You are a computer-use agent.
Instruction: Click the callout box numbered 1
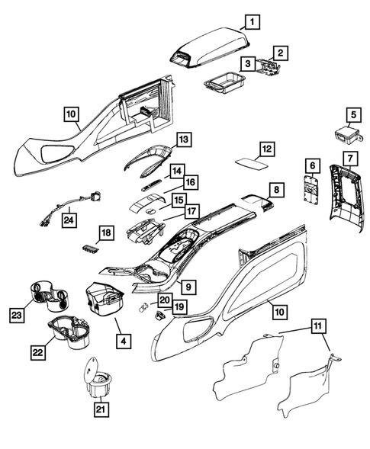[252, 21]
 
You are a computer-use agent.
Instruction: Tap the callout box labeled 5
[352, 116]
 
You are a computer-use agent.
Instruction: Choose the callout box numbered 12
[265, 148]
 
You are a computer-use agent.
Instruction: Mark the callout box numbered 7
[350, 158]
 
